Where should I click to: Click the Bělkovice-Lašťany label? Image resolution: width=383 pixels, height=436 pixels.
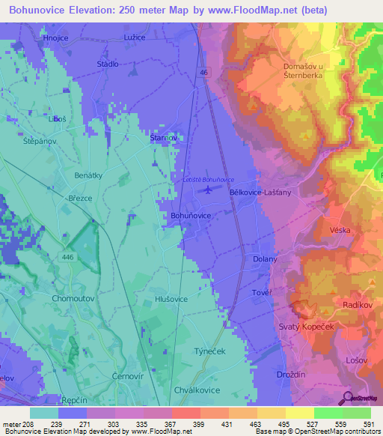pyautogui.click(x=260, y=192)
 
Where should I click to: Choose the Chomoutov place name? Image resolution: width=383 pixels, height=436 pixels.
pyautogui.click(x=72, y=298)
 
